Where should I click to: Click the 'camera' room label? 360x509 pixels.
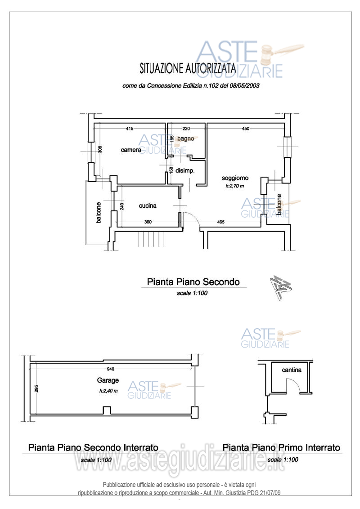click(131, 150)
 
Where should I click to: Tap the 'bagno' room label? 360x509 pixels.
click(185, 138)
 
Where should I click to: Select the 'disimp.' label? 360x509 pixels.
click(185, 170)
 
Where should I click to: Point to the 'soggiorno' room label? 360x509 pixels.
click(235, 178)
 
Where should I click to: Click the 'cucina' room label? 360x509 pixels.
click(148, 205)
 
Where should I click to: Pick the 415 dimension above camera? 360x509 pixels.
click(130, 129)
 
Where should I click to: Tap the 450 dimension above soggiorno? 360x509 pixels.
click(246, 129)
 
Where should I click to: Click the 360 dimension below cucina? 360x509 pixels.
click(148, 222)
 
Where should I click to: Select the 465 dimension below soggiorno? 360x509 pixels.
click(220, 222)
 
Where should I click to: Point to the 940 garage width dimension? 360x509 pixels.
click(111, 369)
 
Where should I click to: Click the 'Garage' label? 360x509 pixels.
click(108, 380)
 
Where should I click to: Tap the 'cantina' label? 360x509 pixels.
click(292, 370)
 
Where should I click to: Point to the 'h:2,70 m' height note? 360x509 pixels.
click(234, 186)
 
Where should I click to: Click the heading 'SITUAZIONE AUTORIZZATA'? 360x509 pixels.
click(188, 68)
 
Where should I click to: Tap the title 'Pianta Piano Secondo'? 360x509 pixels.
click(193, 281)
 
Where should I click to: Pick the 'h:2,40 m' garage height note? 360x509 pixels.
click(108, 391)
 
